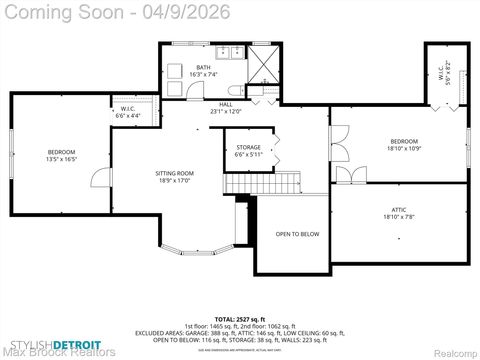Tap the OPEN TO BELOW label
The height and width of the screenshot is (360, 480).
click(x=297, y=234)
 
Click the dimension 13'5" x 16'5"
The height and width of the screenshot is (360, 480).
click(x=61, y=159)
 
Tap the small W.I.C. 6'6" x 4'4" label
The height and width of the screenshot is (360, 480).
click(x=127, y=112)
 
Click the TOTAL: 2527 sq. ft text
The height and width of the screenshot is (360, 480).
click(x=239, y=318)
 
